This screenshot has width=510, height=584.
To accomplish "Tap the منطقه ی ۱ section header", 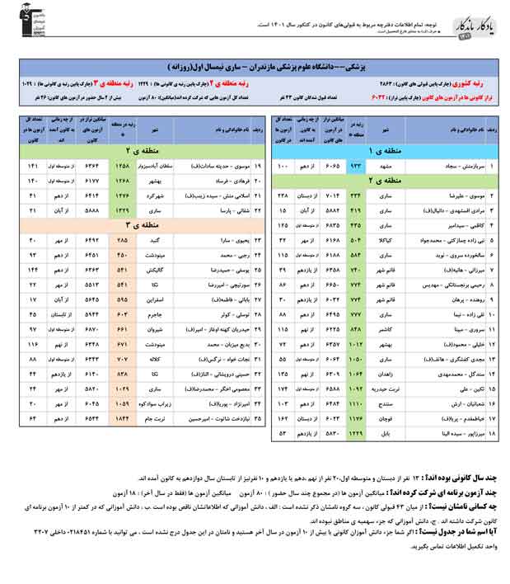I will [x=385, y=152].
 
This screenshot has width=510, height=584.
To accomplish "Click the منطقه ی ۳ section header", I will [x=138, y=224].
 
